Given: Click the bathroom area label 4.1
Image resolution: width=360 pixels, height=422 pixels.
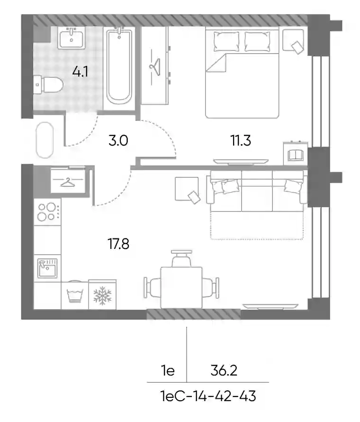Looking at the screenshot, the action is pyautogui.click(x=80, y=72).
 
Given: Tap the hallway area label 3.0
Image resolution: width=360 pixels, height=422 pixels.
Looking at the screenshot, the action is pyautogui.click(x=118, y=140).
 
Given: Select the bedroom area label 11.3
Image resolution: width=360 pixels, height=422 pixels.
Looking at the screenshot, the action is pyautogui.click(x=241, y=140).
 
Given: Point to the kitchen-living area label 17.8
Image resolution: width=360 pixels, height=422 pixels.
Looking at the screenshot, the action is pyautogui.click(x=118, y=244).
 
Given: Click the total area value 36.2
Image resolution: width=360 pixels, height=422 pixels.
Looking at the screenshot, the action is pyautogui.click(x=224, y=371).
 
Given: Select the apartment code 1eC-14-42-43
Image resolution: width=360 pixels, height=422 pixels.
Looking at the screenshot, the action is pyautogui.click(x=208, y=396).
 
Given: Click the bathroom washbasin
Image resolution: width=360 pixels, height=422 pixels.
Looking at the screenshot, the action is pyautogui.click(x=72, y=38).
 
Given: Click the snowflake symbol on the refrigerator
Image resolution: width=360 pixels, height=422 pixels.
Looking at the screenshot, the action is pyautogui.click(x=102, y=295).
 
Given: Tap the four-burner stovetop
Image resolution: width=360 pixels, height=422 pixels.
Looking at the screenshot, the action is pyautogui.click(x=47, y=212).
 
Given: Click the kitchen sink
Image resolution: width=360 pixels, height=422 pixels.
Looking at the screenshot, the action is pyautogui.click(x=47, y=268).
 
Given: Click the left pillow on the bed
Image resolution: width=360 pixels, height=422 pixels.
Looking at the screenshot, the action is pyautogui.click(x=226, y=41).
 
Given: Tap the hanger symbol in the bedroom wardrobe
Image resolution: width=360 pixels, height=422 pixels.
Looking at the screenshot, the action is pyautogui.click(x=155, y=67).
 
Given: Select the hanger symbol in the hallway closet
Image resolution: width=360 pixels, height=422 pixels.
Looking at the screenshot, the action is pyautogui.click(x=68, y=182).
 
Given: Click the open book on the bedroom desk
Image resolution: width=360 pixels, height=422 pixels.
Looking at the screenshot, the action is pyautogui.click(x=296, y=156).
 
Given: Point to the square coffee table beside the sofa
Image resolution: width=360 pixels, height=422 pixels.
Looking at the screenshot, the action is pyautogui.click(x=187, y=189).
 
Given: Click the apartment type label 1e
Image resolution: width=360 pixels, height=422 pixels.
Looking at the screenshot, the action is pyautogui.click(x=168, y=371).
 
